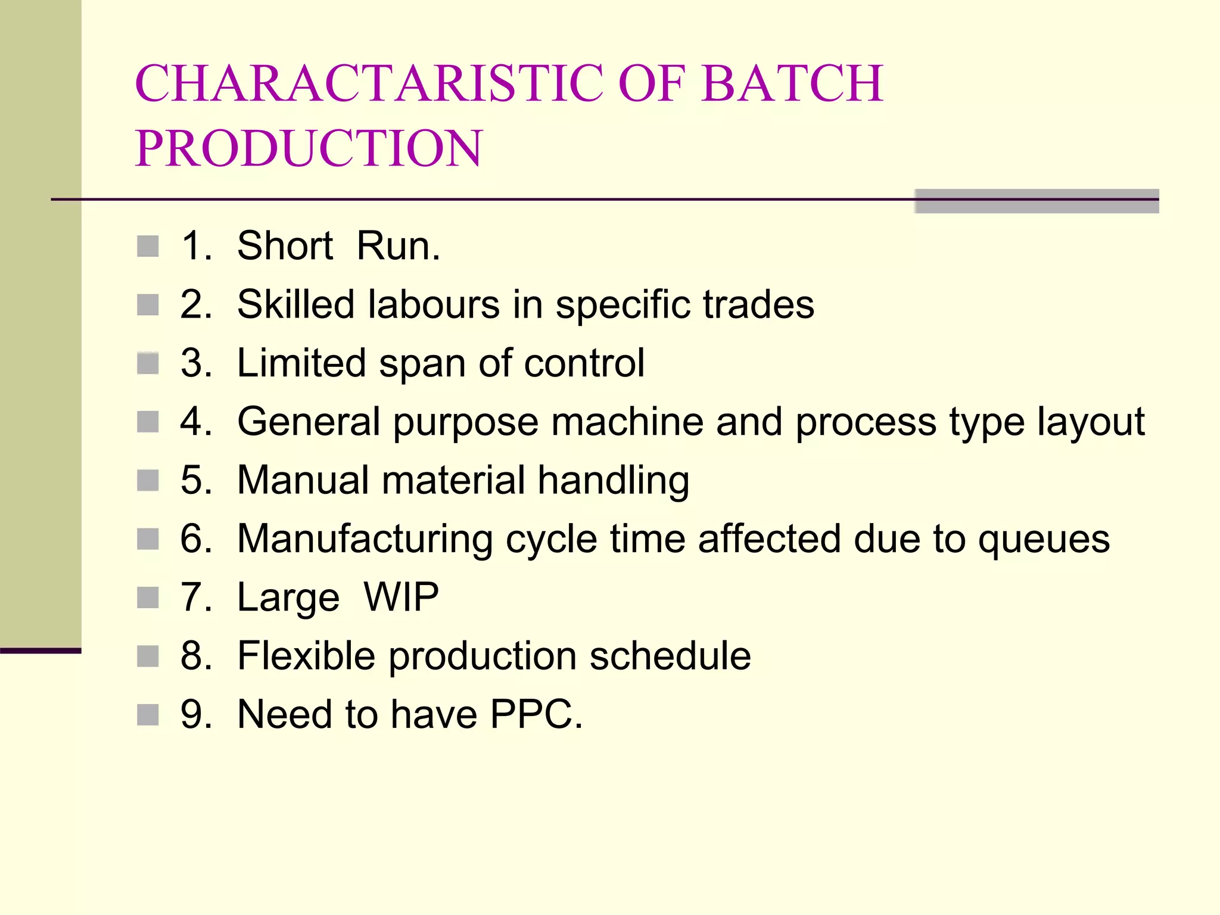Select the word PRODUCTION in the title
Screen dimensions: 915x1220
pos(309,148)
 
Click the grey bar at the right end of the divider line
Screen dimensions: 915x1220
pos(1037,201)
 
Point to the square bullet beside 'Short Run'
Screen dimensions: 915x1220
pos(148,246)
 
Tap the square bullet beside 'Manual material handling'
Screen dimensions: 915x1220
pos(148,480)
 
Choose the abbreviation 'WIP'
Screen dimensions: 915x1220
pos(401,597)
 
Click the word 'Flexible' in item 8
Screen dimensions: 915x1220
pos(306,656)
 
